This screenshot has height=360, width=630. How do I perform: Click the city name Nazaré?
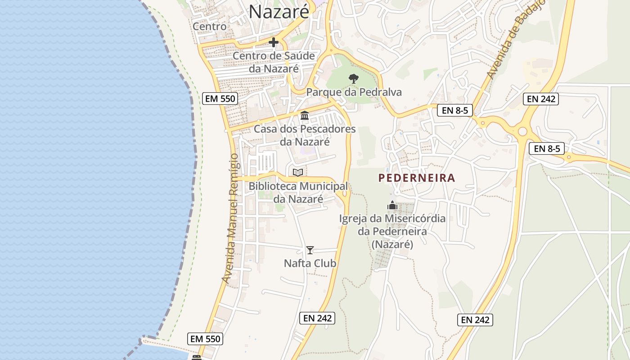[x=279, y=11]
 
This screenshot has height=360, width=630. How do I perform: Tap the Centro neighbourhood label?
[x=210, y=27]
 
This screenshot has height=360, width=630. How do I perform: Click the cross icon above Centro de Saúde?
[x=273, y=43]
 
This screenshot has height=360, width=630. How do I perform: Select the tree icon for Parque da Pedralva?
[x=354, y=79]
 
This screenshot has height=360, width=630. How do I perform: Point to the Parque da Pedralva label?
[x=354, y=92]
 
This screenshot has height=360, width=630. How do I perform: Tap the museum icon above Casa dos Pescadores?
[x=305, y=116]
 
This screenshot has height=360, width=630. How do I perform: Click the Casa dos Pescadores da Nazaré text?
[x=305, y=135]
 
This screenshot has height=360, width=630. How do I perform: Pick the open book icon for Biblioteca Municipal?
[x=298, y=172]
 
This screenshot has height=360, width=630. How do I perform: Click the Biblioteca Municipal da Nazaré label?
[x=298, y=192]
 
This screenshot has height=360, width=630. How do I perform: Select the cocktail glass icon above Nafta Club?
[x=310, y=250]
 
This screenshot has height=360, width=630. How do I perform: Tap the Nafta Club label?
[x=310, y=263]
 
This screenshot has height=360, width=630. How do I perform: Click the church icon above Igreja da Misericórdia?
[x=392, y=206]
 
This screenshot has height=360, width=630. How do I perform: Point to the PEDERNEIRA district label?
[x=417, y=178]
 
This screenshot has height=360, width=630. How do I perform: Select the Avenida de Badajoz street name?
[x=516, y=40]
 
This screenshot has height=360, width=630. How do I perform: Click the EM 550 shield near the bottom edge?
[x=205, y=339]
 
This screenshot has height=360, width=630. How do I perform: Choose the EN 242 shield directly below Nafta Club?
[x=317, y=318]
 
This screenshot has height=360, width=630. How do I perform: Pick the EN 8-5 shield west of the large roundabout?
[x=454, y=110]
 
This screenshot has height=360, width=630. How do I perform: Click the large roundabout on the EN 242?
[x=522, y=131]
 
